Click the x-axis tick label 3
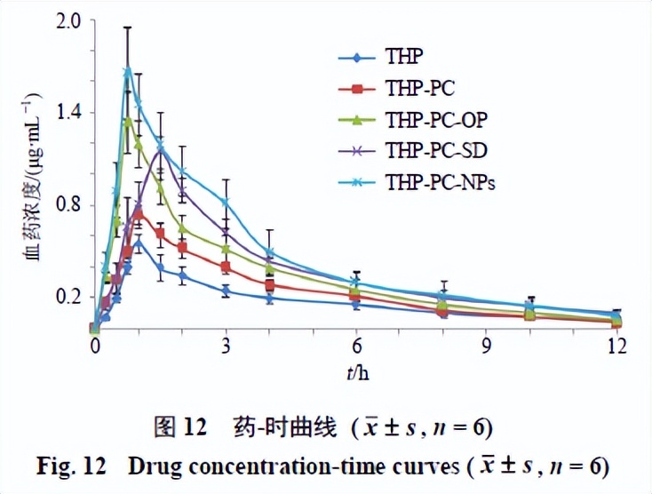(226, 347)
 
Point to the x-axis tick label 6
(356, 347)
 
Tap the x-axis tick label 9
(487, 347)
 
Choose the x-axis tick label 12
(616, 347)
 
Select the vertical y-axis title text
(31, 178)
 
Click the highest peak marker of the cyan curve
(128, 70)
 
